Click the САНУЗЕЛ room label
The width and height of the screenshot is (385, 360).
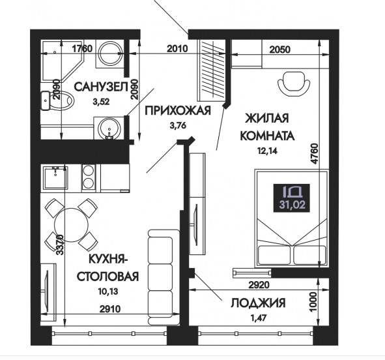[x=101, y=87]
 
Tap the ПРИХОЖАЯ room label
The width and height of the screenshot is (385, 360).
[x=178, y=111]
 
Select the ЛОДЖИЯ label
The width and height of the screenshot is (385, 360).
[x=258, y=303]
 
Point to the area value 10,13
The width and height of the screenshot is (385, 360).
[x=108, y=292]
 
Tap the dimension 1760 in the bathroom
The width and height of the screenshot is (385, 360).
[x=82, y=49]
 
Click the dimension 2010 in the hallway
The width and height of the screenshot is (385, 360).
[x=177, y=49]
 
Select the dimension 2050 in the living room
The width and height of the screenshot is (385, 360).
[x=279, y=50]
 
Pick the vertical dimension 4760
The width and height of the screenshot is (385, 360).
[x=314, y=154]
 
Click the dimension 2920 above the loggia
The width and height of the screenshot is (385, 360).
[x=259, y=285]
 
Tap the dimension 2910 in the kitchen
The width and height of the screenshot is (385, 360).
[x=110, y=309]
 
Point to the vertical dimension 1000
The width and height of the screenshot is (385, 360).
[x=314, y=302]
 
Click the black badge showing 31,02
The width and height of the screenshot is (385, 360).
[x=292, y=198]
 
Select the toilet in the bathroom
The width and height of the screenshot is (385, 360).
[x=57, y=100]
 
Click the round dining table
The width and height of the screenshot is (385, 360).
[x=71, y=225]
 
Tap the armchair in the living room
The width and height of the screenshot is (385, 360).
[x=293, y=83]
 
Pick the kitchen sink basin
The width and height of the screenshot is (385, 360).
[x=55, y=178]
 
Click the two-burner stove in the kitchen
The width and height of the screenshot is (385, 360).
[x=89, y=177]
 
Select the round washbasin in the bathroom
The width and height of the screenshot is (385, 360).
[x=109, y=128]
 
